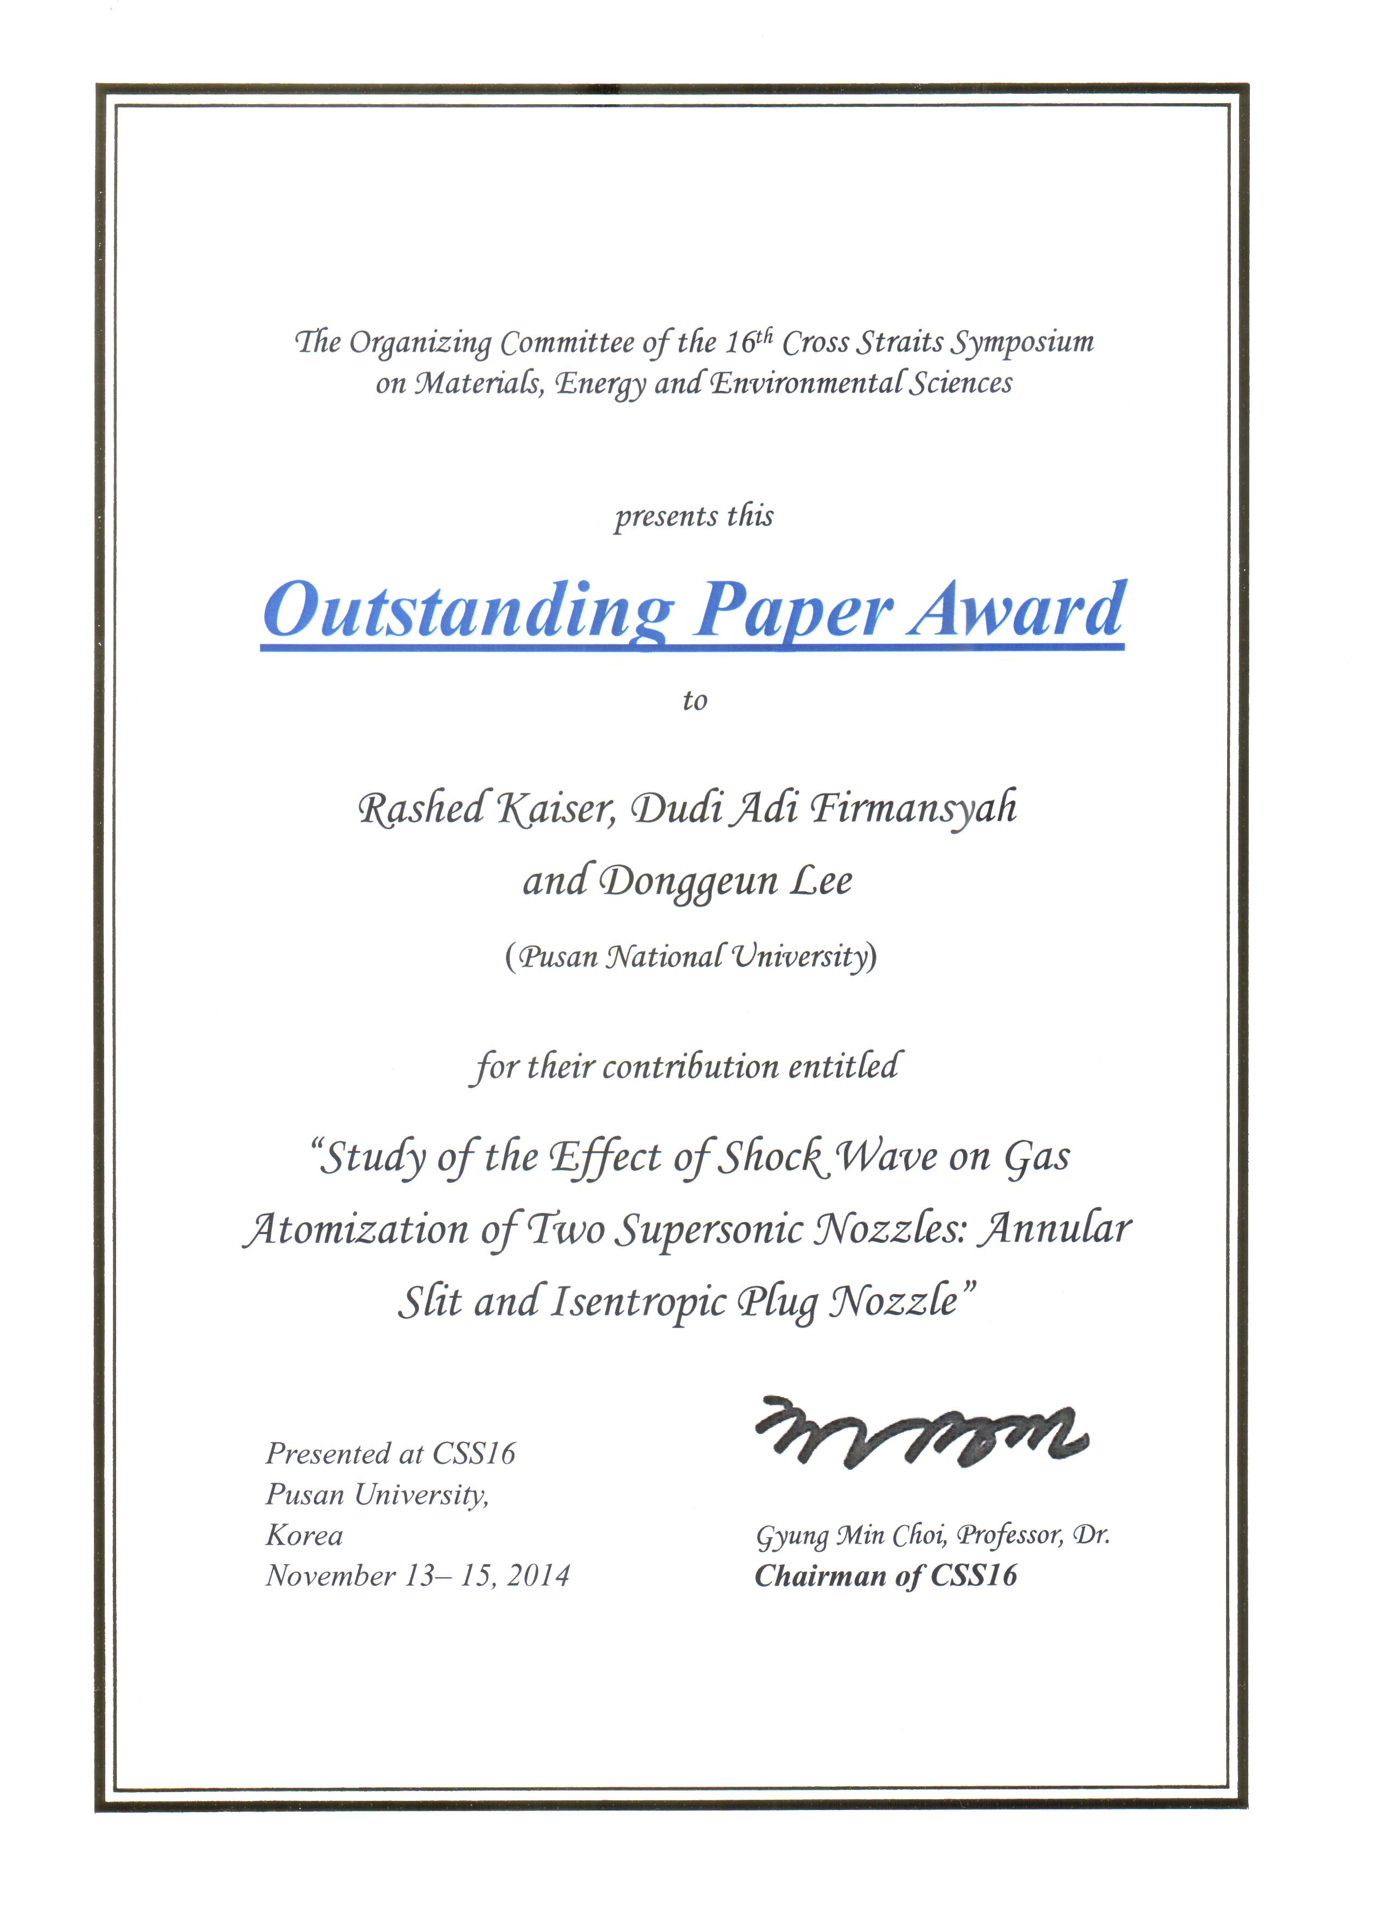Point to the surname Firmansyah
pyautogui.click(x=914, y=808)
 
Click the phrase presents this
pyautogui.click(x=694, y=516)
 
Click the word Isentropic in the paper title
pyautogui.click(x=638, y=1303)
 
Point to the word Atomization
pyautogui.click(x=356, y=1230)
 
